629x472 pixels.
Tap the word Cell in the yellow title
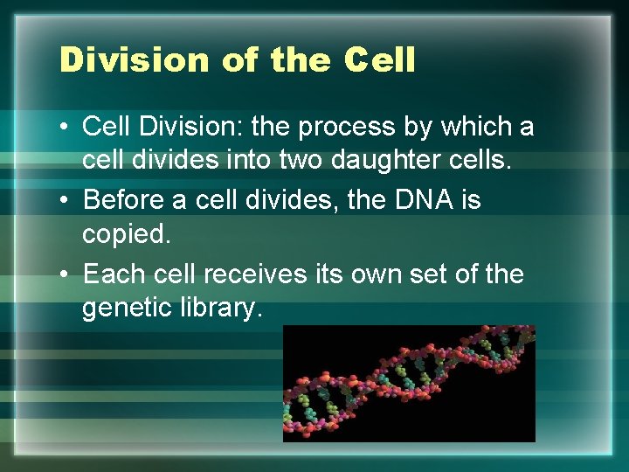coord(379,60)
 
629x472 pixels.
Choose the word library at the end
coord(222,309)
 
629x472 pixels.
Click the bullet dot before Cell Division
coord(65,128)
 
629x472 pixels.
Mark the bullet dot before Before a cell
coord(65,200)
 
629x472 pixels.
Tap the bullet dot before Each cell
coord(65,274)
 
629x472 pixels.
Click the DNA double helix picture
coord(409,383)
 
